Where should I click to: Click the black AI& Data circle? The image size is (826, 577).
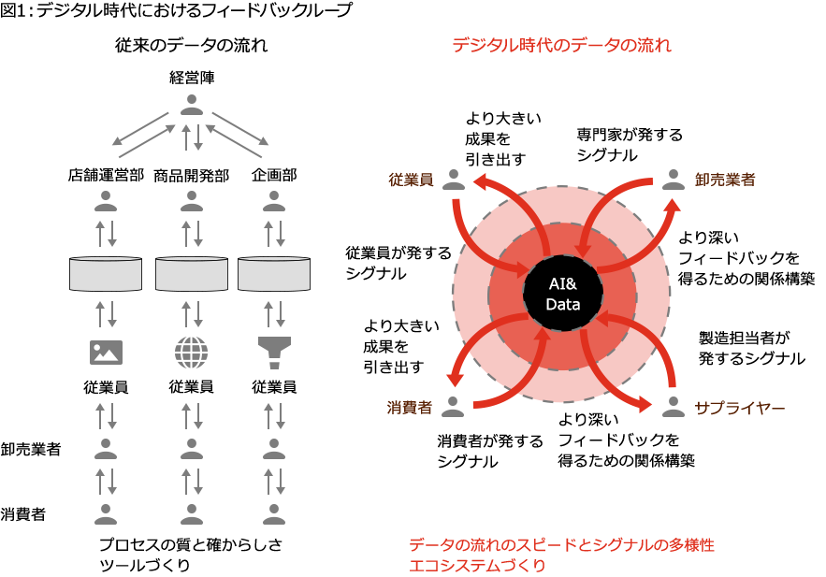562,294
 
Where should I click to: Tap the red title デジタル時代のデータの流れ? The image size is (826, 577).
561,45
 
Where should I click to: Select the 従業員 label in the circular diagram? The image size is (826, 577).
411,180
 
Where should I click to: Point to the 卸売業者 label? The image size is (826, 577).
725,180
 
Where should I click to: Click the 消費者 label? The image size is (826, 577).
410,407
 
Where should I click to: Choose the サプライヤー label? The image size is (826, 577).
739,407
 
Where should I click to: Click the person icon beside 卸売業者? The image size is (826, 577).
673,179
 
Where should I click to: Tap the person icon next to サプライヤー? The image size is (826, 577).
673,406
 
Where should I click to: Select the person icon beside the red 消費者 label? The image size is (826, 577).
453,406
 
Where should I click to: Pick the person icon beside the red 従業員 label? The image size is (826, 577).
454,179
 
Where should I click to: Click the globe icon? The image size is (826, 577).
192,352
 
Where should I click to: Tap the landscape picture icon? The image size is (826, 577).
106,352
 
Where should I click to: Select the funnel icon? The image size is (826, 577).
274,352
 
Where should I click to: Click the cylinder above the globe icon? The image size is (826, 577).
192,273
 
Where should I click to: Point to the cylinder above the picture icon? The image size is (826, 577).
106,273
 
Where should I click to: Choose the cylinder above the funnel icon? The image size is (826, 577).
274,273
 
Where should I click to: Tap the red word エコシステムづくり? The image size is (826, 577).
477,565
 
